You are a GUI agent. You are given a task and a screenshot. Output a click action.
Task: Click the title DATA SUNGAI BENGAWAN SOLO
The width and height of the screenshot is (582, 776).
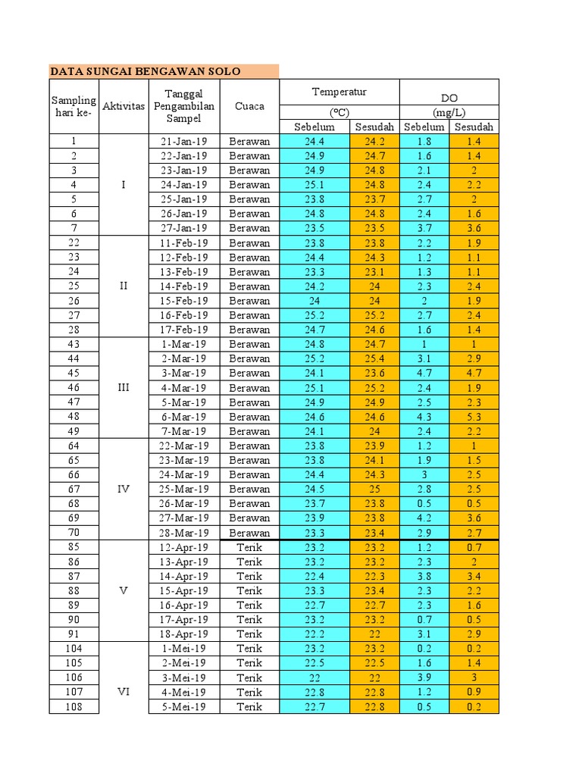(145, 71)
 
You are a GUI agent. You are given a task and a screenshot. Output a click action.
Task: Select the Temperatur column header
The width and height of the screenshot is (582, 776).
(339, 92)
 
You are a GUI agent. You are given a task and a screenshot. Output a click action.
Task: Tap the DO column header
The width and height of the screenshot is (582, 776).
(449, 99)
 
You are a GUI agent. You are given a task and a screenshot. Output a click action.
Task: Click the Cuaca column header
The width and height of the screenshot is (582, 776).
(249, 106)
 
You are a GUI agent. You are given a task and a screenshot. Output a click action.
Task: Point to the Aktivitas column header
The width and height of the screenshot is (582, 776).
(124, 106)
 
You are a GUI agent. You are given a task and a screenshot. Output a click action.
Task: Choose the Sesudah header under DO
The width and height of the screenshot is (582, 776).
(474, 127)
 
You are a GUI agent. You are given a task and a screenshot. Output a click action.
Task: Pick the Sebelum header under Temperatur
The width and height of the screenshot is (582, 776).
(314, 127)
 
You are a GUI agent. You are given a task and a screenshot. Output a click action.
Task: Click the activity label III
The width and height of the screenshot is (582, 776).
(124, 387)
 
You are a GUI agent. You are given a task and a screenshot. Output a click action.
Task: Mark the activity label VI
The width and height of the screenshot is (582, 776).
(124, 692)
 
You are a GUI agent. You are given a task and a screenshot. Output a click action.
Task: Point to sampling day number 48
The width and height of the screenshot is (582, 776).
(74, 417)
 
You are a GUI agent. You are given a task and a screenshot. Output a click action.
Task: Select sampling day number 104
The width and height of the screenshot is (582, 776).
(74, 649)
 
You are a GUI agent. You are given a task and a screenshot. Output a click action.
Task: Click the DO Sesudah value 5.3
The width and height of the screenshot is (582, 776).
(474, 417)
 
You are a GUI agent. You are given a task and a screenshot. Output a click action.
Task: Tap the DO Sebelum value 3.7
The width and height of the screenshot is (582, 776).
(424, 228)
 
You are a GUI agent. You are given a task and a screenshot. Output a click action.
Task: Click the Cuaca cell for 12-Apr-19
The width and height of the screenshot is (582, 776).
(249, 547)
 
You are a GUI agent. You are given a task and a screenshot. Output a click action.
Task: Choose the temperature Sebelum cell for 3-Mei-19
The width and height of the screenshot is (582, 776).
(314, 677)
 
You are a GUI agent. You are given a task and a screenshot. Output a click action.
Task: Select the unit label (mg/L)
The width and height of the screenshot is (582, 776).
(449, 112)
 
